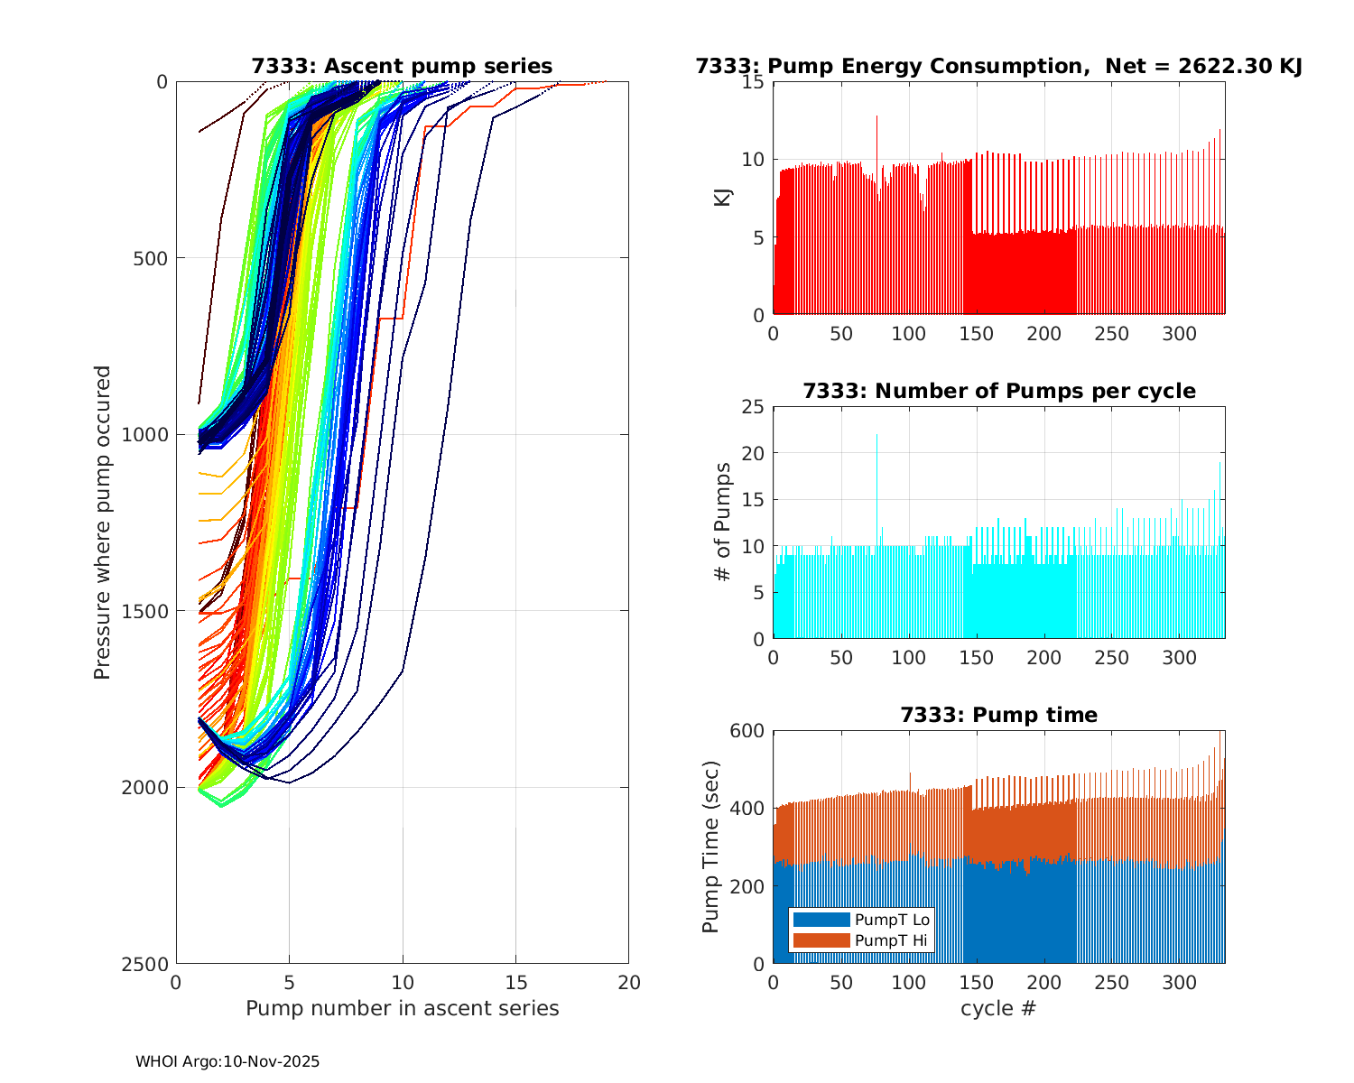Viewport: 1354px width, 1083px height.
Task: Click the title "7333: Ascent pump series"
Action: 402,66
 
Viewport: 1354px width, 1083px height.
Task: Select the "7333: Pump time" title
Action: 998,715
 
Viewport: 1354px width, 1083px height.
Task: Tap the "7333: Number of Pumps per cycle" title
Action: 998,391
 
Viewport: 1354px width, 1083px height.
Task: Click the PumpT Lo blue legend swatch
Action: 821,920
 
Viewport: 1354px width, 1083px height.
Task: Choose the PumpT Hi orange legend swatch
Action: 821,940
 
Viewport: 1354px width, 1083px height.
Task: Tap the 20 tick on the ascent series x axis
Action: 628,982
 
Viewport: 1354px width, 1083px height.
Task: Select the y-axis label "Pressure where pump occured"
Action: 103,522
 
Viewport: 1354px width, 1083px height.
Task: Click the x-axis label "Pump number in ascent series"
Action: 402,1008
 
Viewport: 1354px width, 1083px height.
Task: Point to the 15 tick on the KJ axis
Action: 755,82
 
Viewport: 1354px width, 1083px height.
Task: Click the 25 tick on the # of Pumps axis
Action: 755,407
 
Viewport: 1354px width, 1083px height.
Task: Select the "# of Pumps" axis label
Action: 722,522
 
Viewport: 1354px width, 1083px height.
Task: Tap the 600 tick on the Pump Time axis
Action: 747,731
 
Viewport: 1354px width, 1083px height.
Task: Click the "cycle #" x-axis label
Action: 998,1008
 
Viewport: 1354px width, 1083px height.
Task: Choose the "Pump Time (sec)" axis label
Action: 711,847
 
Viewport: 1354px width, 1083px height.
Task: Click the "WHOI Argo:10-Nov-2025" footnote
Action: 227,1061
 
